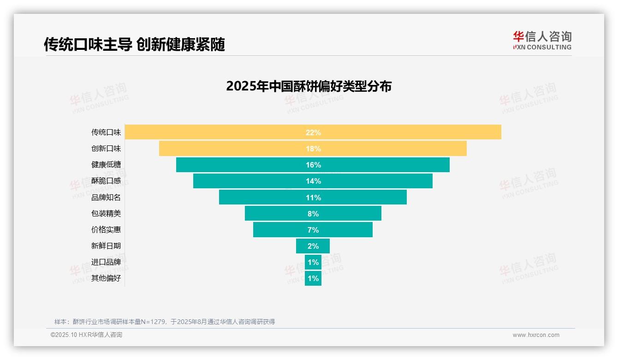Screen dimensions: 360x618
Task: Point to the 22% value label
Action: tap(313, 132)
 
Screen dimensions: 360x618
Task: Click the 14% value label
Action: tap(313, 181)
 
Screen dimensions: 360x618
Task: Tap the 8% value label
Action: tap(313, 214)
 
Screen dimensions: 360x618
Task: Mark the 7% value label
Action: tap(313, 230)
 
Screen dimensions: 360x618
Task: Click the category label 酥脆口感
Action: tap(106, 181)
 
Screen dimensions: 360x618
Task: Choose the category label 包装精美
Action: tap(106, 214)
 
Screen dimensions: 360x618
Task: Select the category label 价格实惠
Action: tap(106, 230)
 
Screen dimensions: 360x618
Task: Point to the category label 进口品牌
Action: tap(106, 262)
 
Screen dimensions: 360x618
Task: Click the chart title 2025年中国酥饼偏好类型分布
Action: tap(309, 86)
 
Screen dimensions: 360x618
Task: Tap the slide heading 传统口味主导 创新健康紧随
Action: tap(134, 44)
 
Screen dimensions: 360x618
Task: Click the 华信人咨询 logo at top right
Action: tap(542, 40)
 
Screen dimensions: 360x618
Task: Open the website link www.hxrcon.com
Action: tap(536, 335)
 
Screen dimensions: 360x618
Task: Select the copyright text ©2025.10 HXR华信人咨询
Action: tap(86, 335)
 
